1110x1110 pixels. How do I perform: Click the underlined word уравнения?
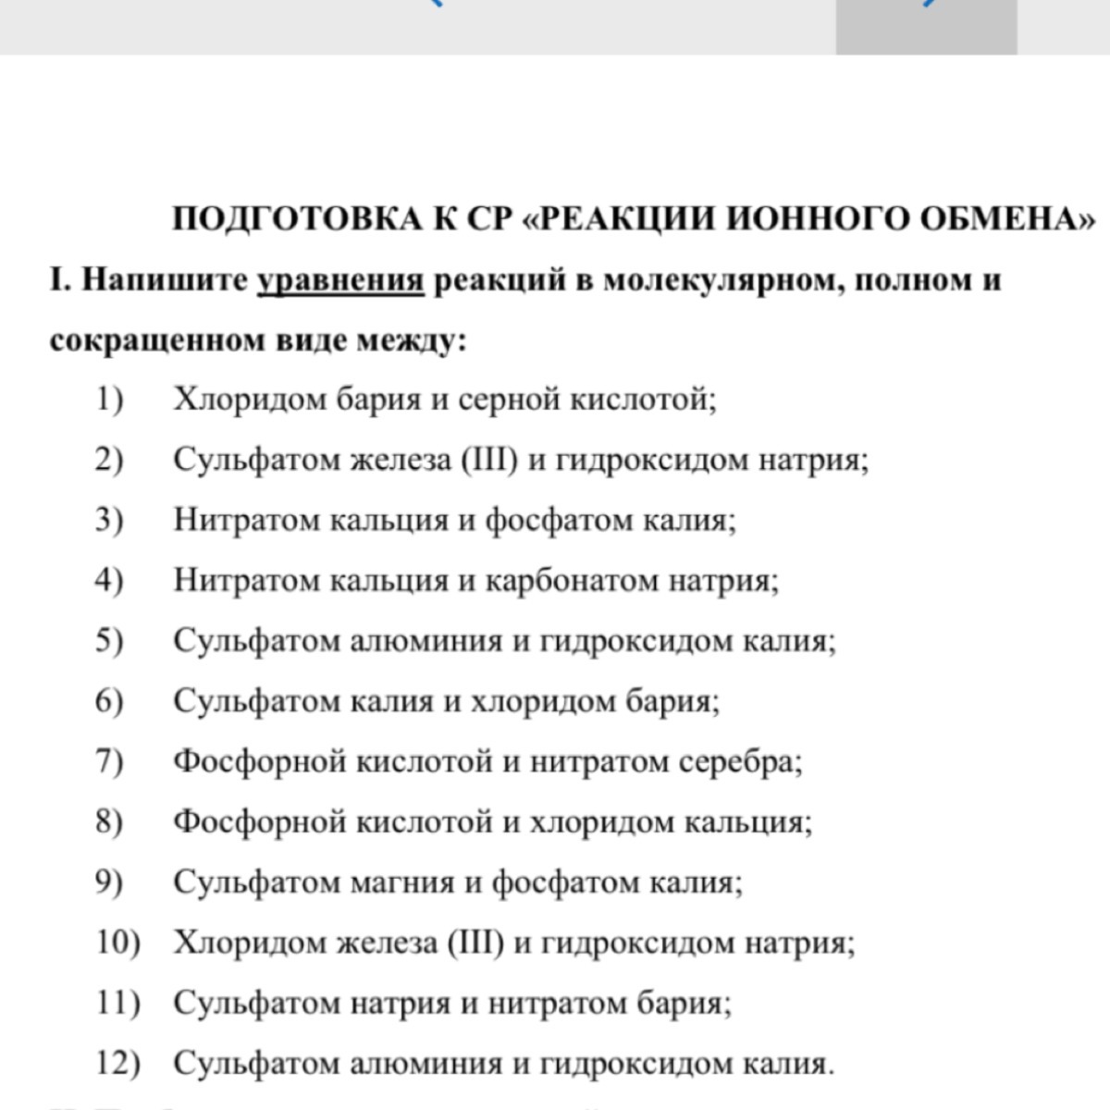coord(340,280)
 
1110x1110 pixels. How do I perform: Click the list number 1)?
coord(109,400)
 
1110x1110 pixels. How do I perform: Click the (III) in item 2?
coord(489,460)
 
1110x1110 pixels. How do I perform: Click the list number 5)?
coord(109,640)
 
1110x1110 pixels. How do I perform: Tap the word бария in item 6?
coord(675,700)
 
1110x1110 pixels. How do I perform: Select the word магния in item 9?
coord(403,882)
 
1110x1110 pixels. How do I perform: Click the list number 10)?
coord(117,943)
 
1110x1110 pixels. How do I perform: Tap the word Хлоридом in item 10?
coord(249,943)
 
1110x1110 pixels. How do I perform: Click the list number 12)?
coord(117,1064)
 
